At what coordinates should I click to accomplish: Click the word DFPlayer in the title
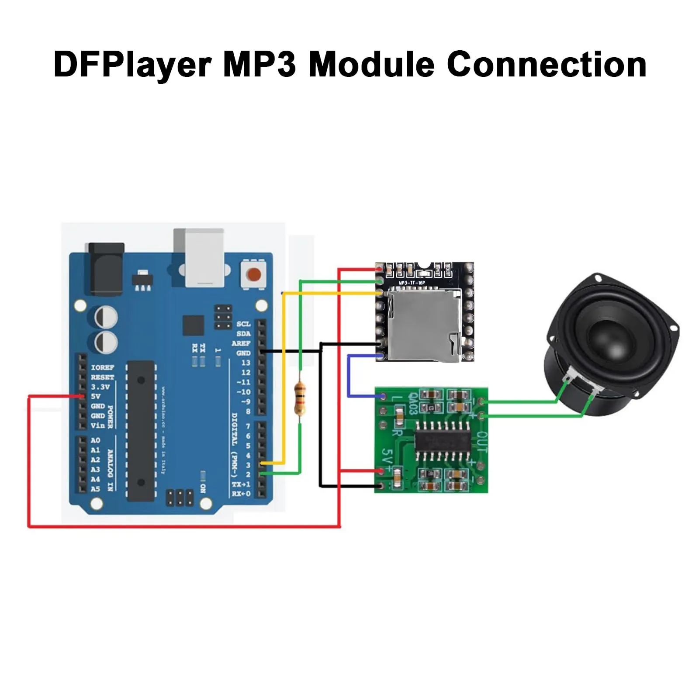coord(132,64)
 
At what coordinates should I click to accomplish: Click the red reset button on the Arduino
coord(253,275)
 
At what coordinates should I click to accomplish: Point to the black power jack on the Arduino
coord(106,269)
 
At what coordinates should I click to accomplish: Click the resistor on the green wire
coord(300,398)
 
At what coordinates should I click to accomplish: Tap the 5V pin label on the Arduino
coord(96,396)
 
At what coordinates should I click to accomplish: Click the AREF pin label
coord(241,343)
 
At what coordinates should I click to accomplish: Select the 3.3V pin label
coord(100,387)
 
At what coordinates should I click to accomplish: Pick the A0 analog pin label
coord(95,440)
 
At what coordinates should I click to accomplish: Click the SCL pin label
coord(243,324)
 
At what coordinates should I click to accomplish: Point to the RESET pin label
coord(102,377)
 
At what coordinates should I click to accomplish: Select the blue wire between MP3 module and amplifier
coord(349,376)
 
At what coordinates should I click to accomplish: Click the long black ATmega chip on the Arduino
coord(141,430)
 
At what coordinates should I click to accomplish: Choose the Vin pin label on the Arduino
coord(97,426)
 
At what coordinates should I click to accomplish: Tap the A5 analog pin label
coord(95,489)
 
